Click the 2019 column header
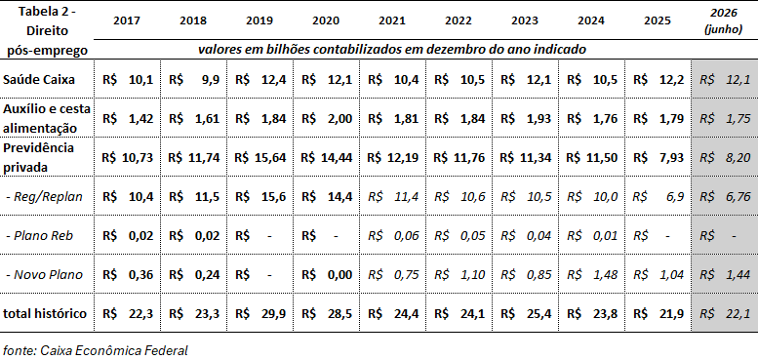coord(259,20)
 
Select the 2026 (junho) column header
coord(724,20)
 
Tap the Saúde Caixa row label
coord(39,79)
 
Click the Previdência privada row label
coord(39,157)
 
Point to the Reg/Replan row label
coord(45,197)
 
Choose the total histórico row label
coord(45,313)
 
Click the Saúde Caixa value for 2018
coord(194,79)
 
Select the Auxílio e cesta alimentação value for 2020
coord(327,119)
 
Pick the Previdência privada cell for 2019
coord(260,157)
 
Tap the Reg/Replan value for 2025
coord(658,197)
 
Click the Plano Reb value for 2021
coord(393,236)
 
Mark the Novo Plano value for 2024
coord(593,275)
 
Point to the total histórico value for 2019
coord(260,313)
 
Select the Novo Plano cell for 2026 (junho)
coord(725,275)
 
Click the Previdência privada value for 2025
coord(658,157)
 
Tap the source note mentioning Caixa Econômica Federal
coord(96,350)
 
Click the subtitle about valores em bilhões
coord(392,50)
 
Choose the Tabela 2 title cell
coord(47,31)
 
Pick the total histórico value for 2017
coord(128,313)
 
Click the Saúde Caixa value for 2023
coord(527,79)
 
